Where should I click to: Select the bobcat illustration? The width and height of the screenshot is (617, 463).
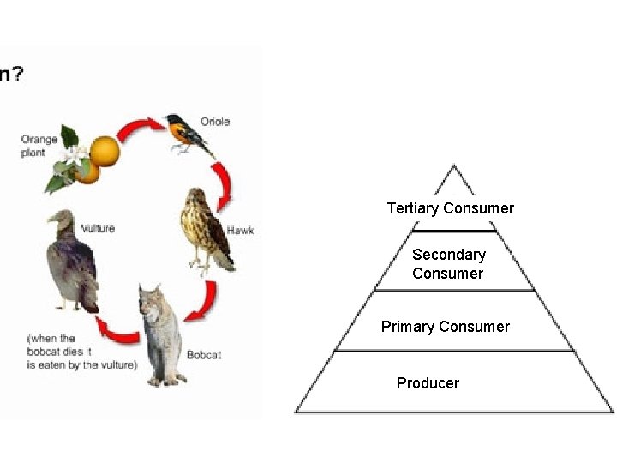(162, 334)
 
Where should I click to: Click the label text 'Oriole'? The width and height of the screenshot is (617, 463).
(215, 122)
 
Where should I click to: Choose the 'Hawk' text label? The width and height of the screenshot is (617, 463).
(240, 230)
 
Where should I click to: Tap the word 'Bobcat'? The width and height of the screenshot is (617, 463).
(204, 354)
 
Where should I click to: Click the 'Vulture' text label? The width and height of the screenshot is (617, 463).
(98, 228)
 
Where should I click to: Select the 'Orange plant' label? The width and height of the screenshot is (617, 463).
(39, 146)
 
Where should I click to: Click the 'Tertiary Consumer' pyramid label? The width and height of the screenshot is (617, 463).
(450, 208)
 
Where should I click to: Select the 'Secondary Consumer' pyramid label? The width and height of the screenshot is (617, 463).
(448, 264)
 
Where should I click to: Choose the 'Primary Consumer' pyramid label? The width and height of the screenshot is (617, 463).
(445, 327)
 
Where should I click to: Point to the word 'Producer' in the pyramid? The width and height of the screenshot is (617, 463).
(428, 383)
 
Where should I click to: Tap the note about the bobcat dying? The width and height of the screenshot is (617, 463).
(81, 352)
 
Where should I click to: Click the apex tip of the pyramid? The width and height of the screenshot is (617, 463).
(455, 166)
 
